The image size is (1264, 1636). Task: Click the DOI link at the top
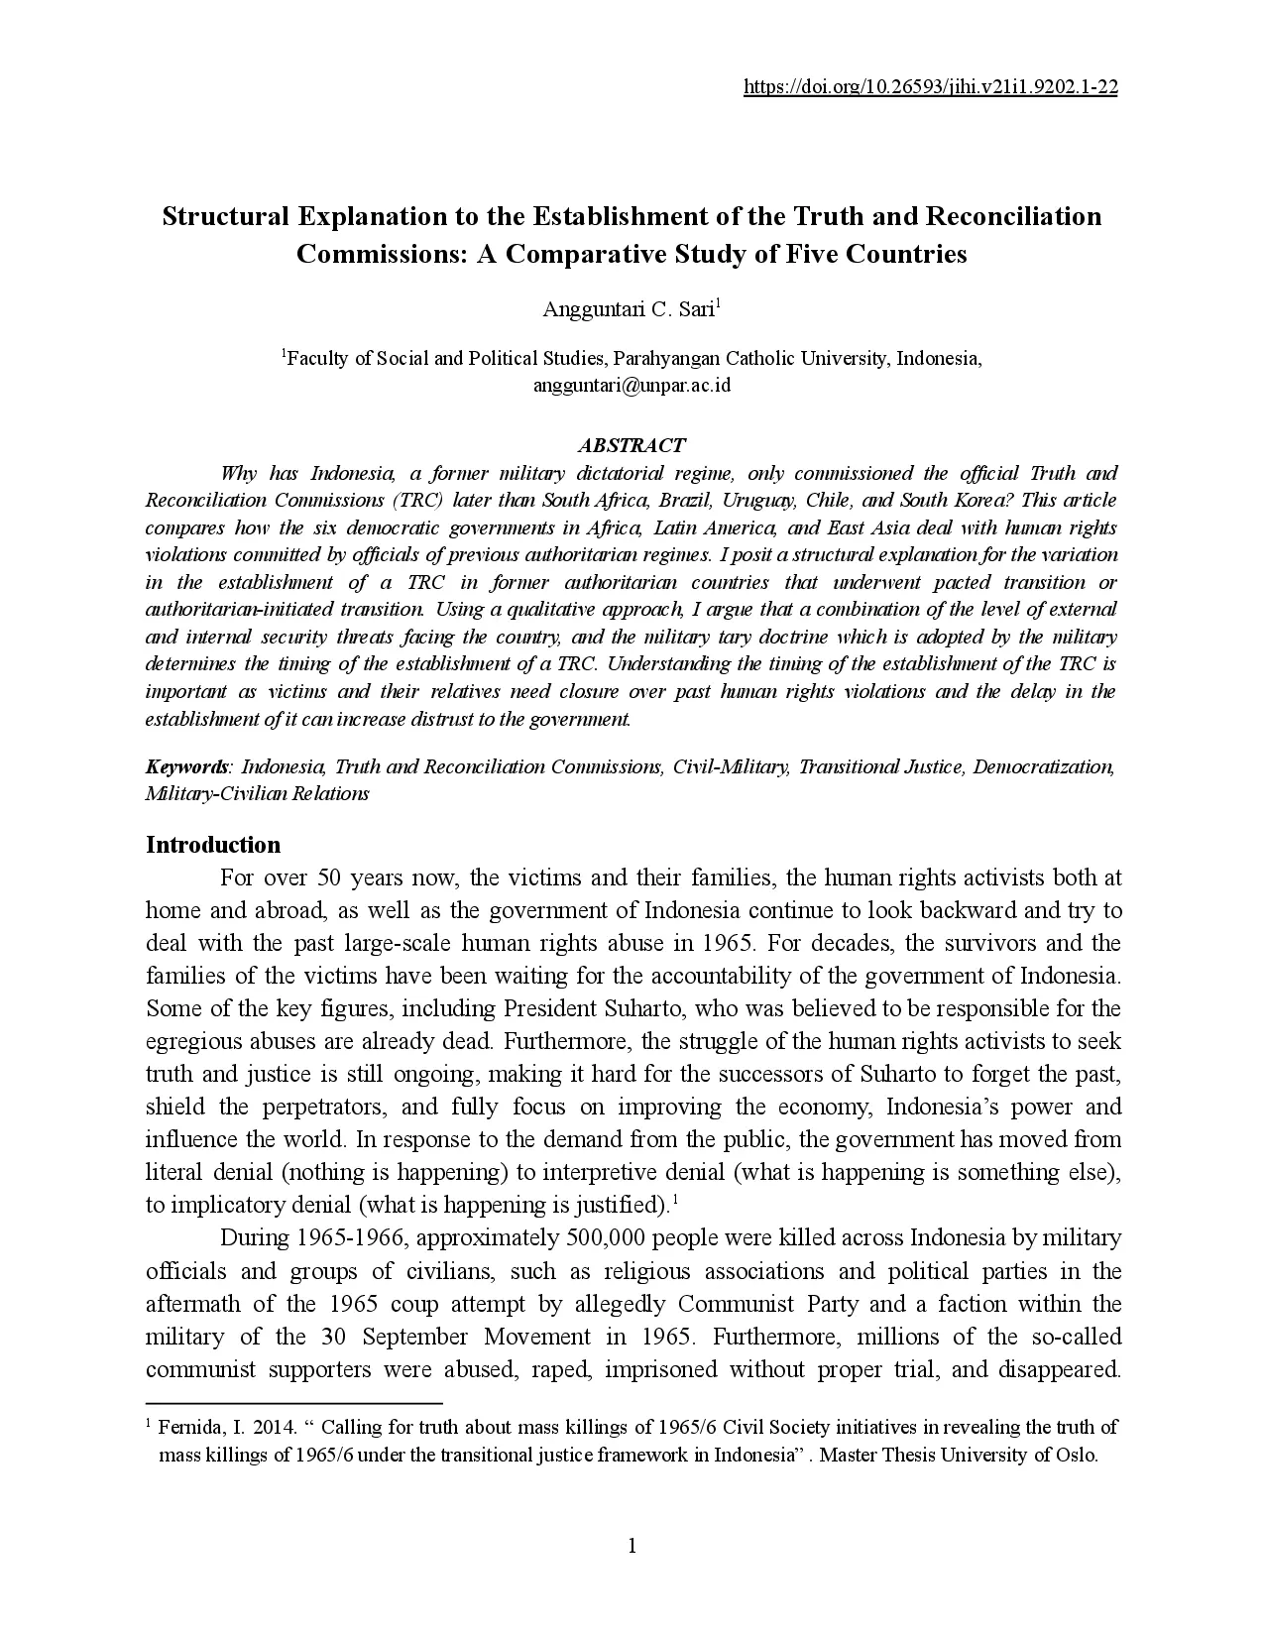pos(930,87)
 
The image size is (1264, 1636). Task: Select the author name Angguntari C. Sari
pos(629,309)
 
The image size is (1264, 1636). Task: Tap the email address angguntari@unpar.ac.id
pos(632,386)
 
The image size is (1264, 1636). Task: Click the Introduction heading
pos(213,845)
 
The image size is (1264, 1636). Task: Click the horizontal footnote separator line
pos(293,1404)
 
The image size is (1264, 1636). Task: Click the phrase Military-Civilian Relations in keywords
pos(258,794)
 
